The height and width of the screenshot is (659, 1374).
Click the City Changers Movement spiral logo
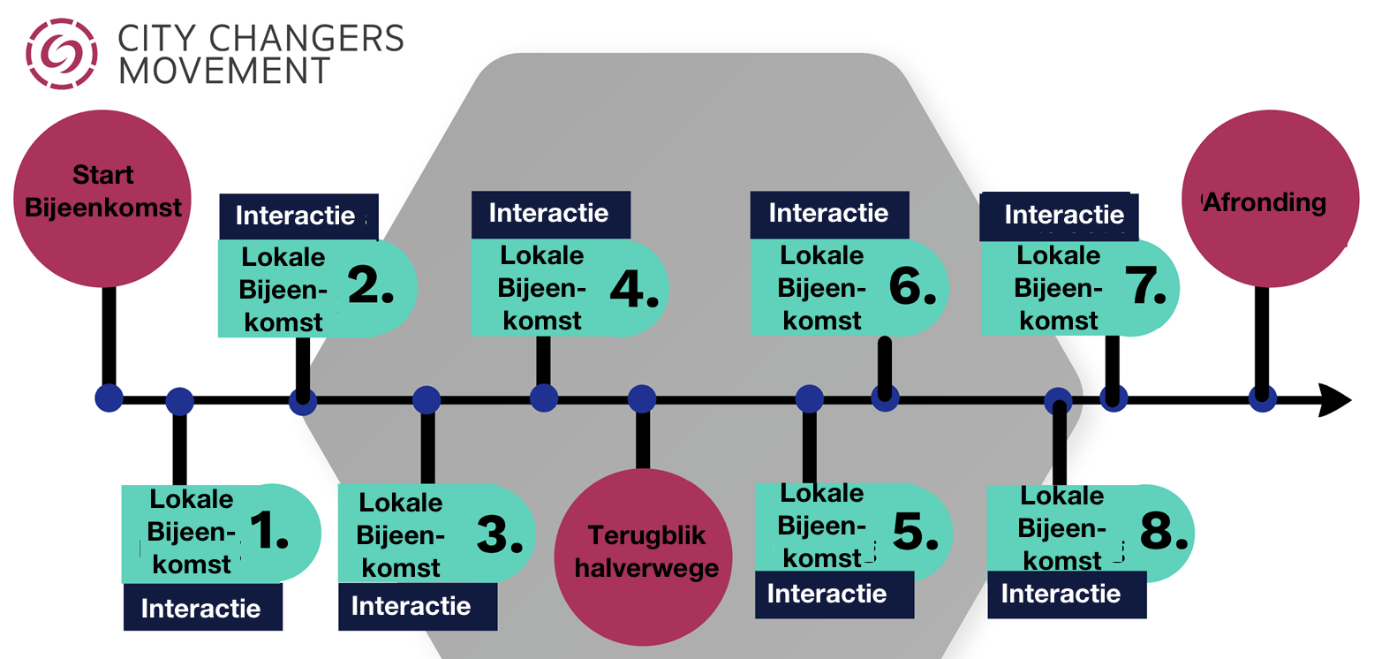[61, 53]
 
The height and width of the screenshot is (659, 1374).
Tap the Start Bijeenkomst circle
[102, 198]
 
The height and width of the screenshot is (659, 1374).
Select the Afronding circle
[1271, 198]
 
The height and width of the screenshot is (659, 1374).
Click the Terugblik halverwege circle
[643, 557]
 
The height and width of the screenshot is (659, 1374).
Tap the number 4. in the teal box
[634, 288]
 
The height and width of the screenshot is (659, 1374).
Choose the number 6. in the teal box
[913, 286]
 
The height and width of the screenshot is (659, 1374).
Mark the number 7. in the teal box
[1145, 285]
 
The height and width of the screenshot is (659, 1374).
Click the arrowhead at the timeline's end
[1335, 400]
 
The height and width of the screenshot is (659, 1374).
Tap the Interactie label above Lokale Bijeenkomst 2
[298, 216]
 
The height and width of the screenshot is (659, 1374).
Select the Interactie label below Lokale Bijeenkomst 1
[203, 607]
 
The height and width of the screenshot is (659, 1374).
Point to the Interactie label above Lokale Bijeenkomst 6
[829, 214]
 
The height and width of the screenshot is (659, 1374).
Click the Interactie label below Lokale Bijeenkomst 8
[1067, 594]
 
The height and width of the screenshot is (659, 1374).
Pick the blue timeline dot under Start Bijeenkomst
[109, 398]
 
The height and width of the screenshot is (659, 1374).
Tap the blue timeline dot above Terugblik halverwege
[642, 398]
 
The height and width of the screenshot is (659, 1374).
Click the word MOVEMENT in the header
[224, 71]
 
